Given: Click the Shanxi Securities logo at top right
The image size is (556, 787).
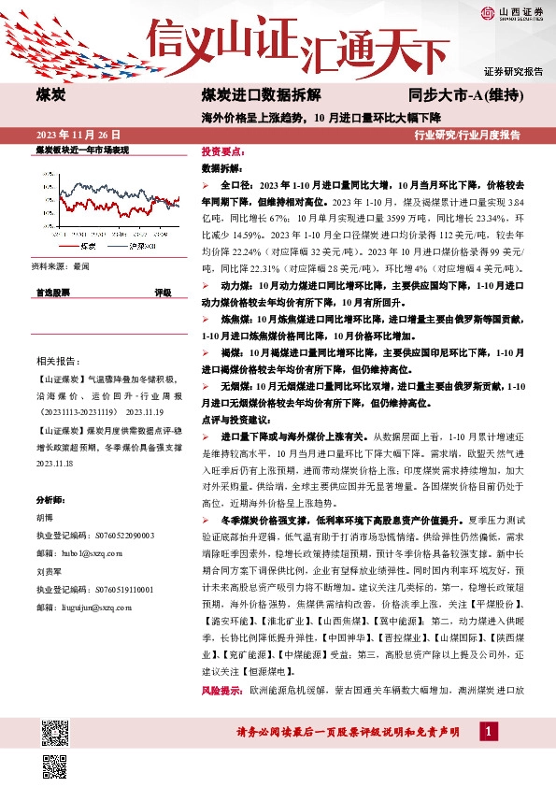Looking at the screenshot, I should coord(512,12).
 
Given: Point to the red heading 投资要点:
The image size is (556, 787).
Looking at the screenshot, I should coord(223,151).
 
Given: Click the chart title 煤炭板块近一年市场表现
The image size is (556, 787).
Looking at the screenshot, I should coord(81,150).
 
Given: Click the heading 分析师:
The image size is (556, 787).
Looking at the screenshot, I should coord(51,501).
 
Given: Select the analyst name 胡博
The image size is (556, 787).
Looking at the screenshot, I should coord(45,518).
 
